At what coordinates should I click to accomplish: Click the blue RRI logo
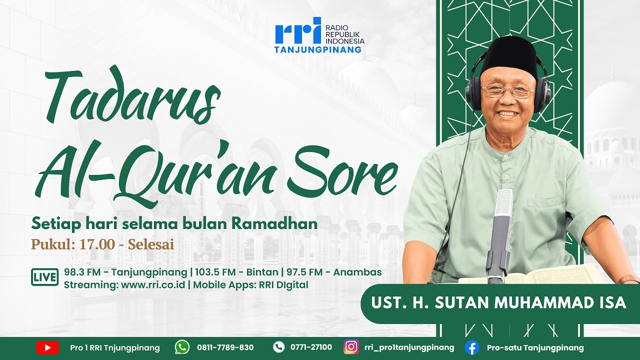297,32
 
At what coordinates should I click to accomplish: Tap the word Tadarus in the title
132,97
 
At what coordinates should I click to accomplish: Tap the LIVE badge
45,277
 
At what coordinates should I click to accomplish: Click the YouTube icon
47,347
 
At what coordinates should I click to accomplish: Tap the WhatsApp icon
182,347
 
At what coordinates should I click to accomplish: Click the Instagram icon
351,347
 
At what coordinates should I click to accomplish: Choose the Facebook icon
471,347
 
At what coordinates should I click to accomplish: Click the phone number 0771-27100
311,347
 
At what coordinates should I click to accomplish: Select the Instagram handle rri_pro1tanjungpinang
409,347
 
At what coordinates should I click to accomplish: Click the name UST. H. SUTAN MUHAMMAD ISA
498,303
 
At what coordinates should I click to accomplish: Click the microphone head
503,205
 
